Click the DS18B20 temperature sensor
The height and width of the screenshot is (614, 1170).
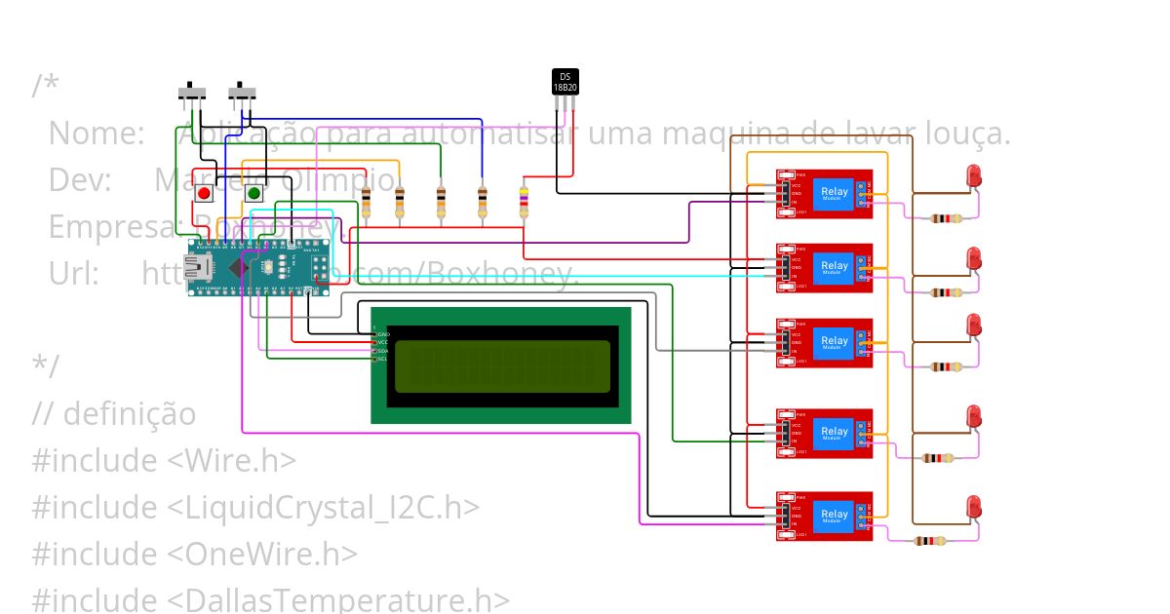pos(565,82)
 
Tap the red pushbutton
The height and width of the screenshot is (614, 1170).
pos(204,193)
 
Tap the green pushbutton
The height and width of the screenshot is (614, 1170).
pos(253,193)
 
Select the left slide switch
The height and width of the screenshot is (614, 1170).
pos(193,94)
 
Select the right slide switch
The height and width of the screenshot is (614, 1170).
pos(243,94)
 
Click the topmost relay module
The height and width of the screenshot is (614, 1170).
pos(824,193)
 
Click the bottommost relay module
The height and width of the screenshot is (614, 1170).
pos(824,516)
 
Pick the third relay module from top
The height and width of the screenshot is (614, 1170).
pos(824,342)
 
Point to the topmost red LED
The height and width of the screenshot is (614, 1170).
pos(973,176)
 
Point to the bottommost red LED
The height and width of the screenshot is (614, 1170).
pos(973,507)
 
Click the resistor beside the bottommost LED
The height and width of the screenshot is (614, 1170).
pos(930,541)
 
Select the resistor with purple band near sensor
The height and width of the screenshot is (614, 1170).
pos(525,203)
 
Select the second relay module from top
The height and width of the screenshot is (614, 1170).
pos(824,267)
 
